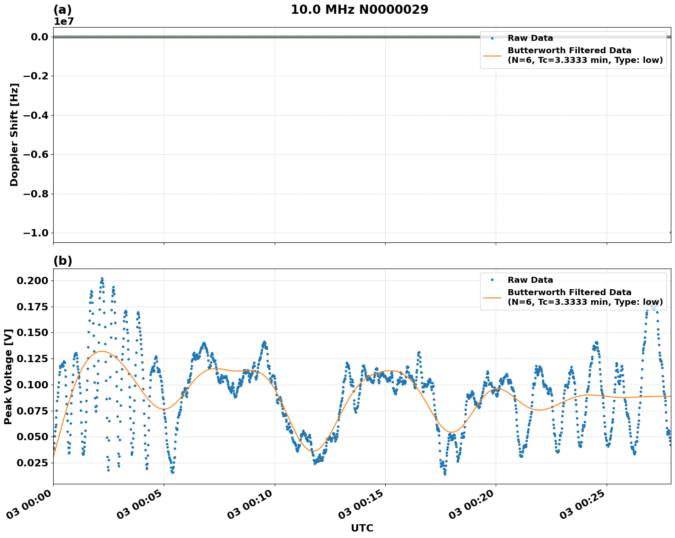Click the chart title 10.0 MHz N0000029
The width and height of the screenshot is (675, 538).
pyautogui.click(x=360, y=10)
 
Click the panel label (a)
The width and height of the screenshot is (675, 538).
pyautogui.click(x=63, y=10)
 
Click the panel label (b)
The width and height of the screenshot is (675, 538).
pyautogui.click(x=63, y=261)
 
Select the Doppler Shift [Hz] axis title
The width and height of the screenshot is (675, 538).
pyautogui.click(x=14, y=134)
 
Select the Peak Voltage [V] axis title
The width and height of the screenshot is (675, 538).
pyautogui.click(x=8, y=376)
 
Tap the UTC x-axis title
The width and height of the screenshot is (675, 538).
pyautogui.click(x=362, y=528)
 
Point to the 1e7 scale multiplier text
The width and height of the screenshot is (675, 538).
pyautogui.click(x=64, y=22)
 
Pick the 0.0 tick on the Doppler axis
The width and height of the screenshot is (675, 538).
pyautogui.click(x=39, y=37)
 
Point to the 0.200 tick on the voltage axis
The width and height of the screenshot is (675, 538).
pyautogui.click(x=32, y=280)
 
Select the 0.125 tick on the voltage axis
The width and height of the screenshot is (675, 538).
pyautogui.click(x=32, y=359)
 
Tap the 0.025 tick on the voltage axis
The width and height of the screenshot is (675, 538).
pyautogui.click(x=32, y=462)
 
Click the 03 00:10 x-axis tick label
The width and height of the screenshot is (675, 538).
pyautogui.click(x=249, y=504)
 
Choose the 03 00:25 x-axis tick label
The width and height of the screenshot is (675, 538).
pyautogui.click(x=581, y=504)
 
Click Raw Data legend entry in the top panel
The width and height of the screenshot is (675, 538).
pyautogui.click(x=530, y=38)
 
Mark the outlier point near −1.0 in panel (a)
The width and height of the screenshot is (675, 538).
pyautogui.click(x=670, y=232)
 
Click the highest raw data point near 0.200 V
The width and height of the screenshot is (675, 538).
pyautogui.click(x=102, y=278)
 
